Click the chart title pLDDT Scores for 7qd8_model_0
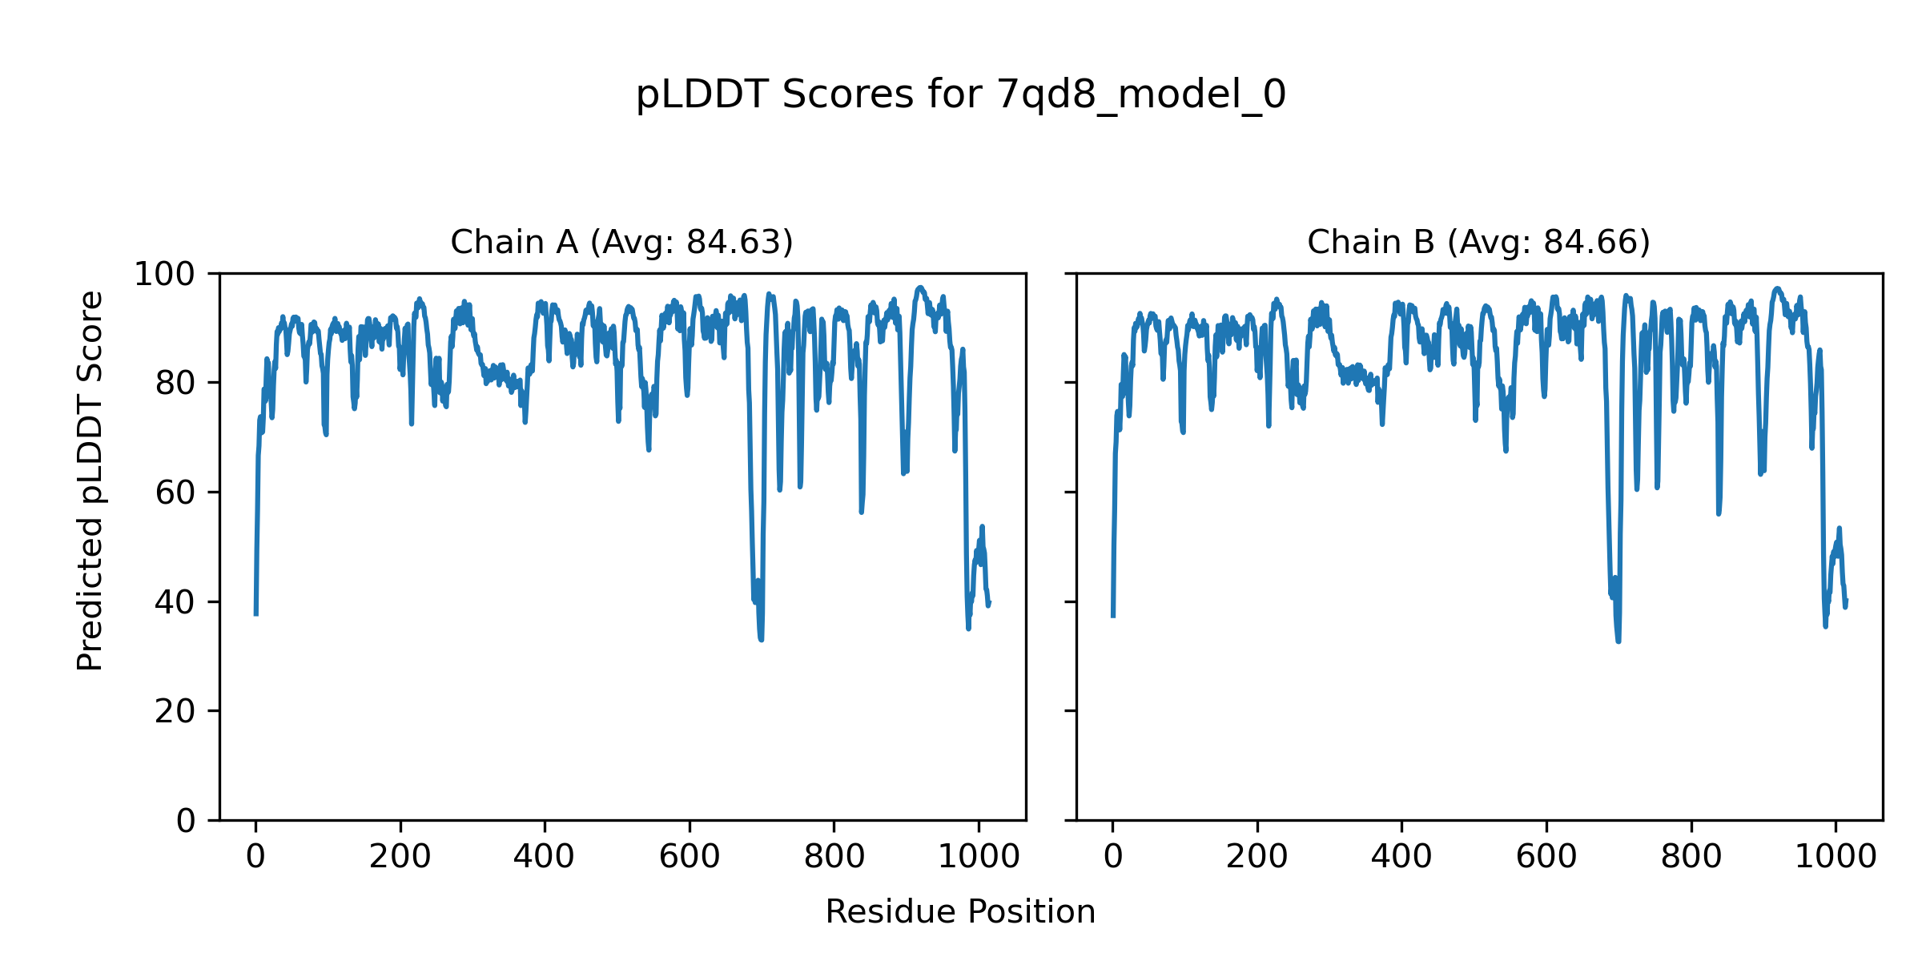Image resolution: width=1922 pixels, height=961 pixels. [x=960, y=95]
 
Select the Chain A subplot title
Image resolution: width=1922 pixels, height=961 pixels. [x=621, y=242]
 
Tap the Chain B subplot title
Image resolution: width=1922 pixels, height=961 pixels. [x=1478, y=242]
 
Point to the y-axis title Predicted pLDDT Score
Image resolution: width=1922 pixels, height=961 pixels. [x=90, y=480]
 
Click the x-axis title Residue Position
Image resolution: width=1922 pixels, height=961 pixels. [x=960, y=912]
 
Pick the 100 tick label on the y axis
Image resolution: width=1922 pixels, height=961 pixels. [x=164, y=275]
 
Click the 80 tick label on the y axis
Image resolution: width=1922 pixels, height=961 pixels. [x=175, y=384]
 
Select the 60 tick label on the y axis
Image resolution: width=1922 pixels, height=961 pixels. [x=175, y=493]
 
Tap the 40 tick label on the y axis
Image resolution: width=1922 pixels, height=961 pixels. [x=175, y=602]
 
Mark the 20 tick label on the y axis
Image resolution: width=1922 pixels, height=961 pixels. [x=175, y=711]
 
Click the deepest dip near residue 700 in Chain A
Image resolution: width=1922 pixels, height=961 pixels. [x=761, y=639]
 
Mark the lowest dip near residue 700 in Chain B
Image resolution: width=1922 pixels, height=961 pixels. [x=1618, y=641]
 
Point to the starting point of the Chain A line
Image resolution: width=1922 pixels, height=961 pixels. [x=255, y=614]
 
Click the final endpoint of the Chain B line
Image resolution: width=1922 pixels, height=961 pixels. [x=1846, y=601]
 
